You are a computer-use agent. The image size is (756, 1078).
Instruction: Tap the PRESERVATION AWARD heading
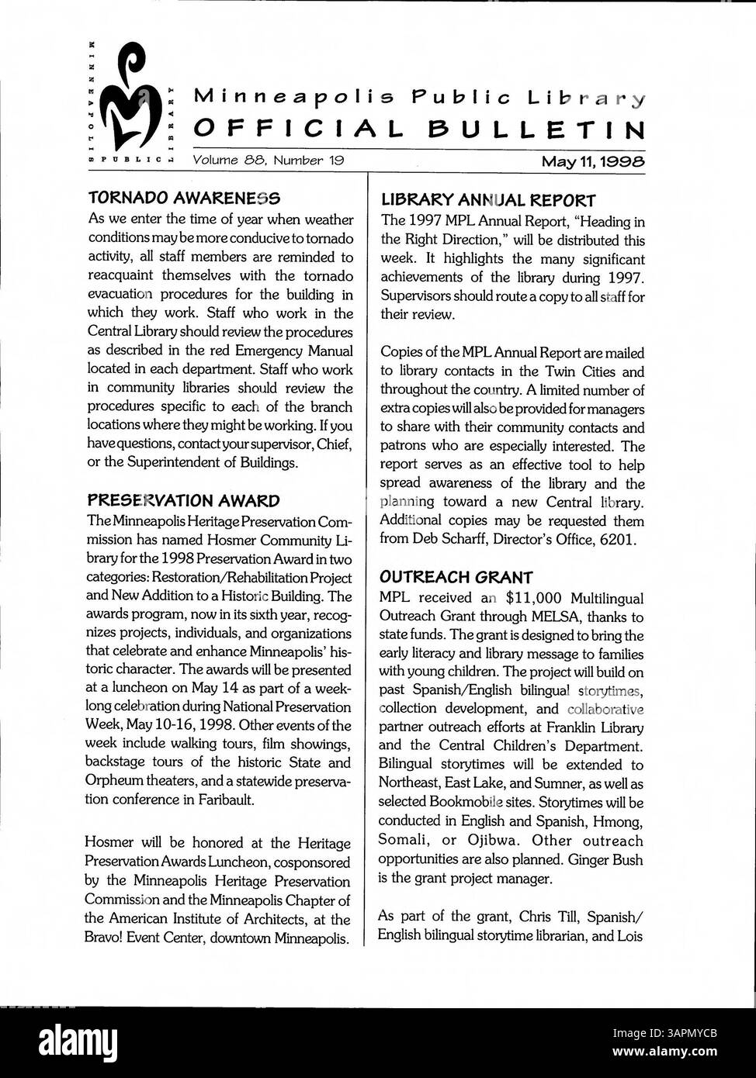[183, 500]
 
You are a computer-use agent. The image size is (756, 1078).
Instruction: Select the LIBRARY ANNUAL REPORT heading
[488, 200]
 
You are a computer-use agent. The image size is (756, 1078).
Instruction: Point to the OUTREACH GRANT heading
[456, 577]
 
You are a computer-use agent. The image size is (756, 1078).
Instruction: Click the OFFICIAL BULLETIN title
[418, 129]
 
